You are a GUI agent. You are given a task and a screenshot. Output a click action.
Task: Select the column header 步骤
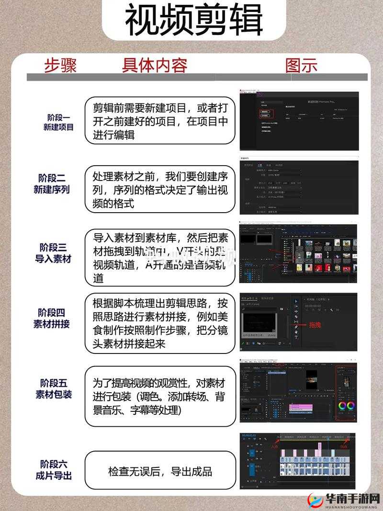[x=60, y=65]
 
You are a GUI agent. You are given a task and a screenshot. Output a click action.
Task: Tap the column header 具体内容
[x=154, y=65]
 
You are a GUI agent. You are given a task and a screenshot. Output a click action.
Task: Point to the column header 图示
[x=301, y=65]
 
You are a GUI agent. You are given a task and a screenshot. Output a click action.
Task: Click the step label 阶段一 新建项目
[x=58, y=122]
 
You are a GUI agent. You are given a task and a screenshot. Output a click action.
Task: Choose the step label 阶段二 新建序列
[x=52, y=184]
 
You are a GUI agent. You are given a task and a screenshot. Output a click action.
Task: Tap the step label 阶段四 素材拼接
[x=52, y=318]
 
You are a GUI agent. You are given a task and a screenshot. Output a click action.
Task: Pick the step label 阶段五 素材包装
[x=53, y=389]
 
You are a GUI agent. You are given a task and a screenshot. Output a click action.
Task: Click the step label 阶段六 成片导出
[x=53, y=470]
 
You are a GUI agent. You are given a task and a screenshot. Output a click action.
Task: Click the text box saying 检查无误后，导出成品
[x=160, y=471]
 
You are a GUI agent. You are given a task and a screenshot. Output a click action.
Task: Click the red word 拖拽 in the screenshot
[x=315, y=325]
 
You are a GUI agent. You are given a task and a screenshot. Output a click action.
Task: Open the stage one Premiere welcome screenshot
[x=298, y=120]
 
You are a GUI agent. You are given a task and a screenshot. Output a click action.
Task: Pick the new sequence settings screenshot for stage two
[x=298, y=184]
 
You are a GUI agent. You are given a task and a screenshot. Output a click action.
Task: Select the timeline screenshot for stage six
[x=298, y=461]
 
